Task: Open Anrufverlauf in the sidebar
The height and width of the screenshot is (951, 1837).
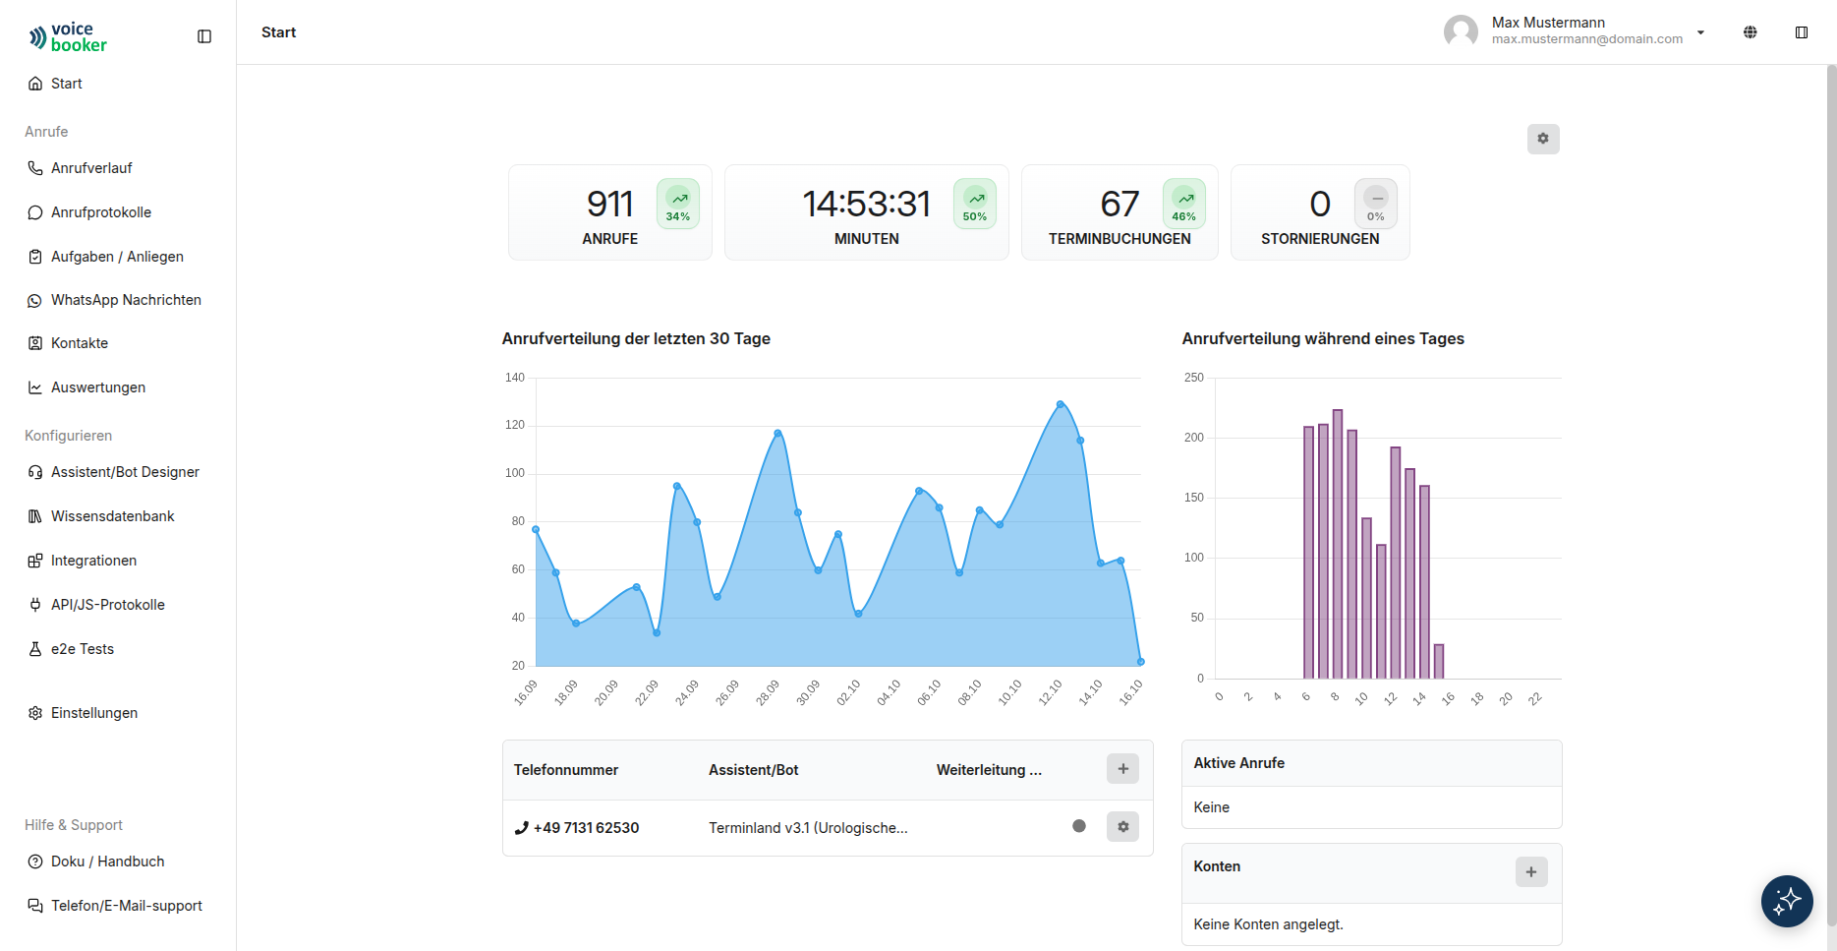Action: [x=91, y=168]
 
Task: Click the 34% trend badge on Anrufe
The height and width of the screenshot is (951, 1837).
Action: [x=678, y=204]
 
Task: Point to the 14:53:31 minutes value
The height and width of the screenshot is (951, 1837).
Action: [x=866, y=204]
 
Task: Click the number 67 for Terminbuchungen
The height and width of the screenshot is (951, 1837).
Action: [x=1119, y=204]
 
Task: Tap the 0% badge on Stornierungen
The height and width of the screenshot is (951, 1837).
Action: [x=1376, y=204]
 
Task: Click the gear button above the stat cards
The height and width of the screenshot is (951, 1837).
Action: [x=1543, y=139]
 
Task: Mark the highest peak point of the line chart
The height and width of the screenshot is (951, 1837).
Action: [x=1061, y=404]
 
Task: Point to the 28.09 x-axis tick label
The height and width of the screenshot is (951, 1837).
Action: [x=768, y=692]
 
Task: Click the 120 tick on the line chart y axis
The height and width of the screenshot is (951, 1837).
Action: [x=515, y=425]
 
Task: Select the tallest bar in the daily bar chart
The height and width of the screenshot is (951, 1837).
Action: [x=1338, y=544]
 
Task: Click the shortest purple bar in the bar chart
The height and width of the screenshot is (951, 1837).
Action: [x=1439, y=661]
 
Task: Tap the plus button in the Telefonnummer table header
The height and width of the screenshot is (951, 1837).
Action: [x=1122, y=769]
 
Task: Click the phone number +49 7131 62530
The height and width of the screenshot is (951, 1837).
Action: [x=586, y=828]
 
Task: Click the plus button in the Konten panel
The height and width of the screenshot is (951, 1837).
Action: [x=1531, y=871]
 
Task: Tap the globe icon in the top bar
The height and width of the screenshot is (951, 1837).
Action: [x=1751, y=32]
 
